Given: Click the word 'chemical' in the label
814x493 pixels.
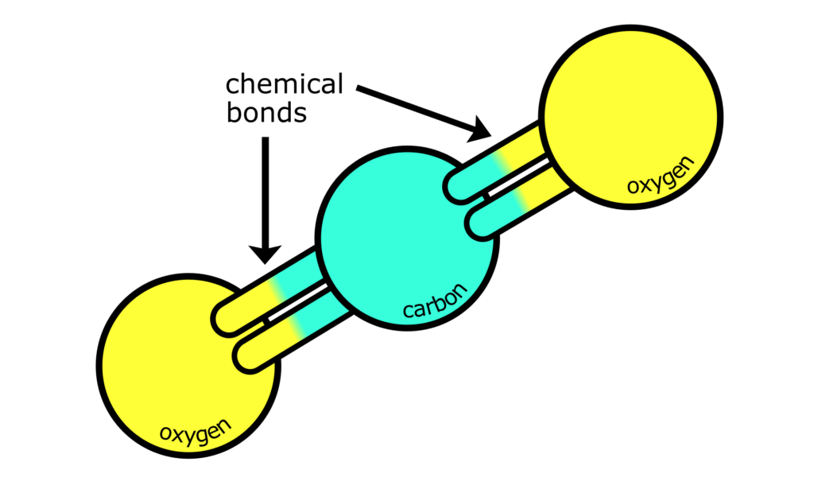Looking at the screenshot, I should (x=284, y=84).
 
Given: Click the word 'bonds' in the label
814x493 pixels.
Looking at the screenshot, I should (x=266, y=113).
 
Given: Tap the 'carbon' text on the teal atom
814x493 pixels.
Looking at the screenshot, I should (x=435, y=299).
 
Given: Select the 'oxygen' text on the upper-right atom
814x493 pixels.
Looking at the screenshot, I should (x=660, y=175).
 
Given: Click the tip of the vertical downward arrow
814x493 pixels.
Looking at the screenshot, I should (x=266, y=260).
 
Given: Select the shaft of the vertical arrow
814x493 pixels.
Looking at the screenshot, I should (x=266, y=191).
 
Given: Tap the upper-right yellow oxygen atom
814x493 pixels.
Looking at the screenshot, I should (x=632, y=115).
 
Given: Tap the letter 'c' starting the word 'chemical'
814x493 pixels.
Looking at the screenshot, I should (x=233, y=84).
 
